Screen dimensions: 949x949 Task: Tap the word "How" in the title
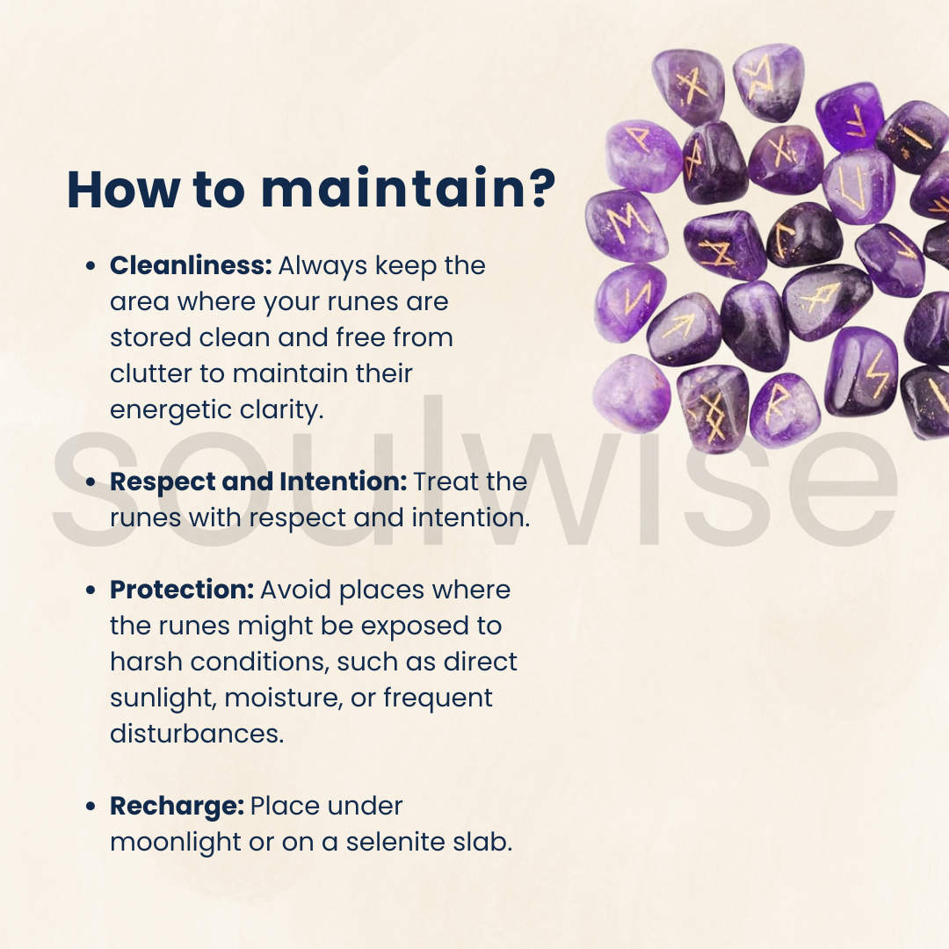pos(123,189)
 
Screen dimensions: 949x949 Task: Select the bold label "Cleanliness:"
pos(191,265)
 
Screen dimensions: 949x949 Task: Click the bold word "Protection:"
pos(182,590)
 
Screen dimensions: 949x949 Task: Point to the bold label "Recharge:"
pos(177,807)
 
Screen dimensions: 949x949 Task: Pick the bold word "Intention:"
pos(344,482)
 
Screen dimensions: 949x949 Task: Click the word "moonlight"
pos(176,843)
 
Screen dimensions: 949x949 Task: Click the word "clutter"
pos(150,373)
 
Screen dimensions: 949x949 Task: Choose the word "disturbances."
pos(197,734)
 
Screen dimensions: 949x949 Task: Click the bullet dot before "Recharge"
pos(91,807)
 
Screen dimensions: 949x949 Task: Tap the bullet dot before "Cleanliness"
pos(91,265)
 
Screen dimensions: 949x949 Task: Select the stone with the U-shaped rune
pos(858,185)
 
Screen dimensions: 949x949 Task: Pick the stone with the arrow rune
pos(684,330)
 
